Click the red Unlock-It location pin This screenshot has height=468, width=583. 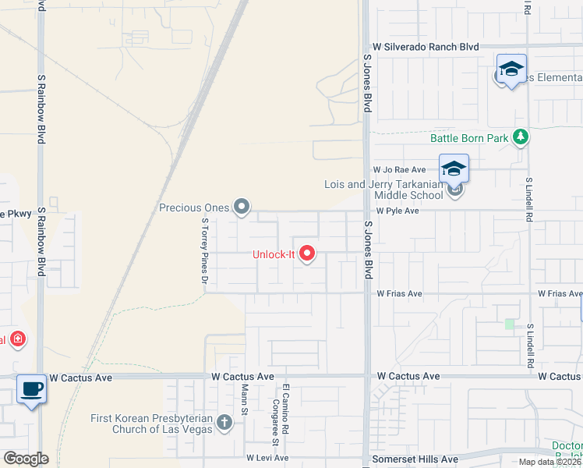[307, 253]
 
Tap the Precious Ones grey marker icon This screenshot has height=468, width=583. [242, 207]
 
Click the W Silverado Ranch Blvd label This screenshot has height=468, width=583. [425, 47]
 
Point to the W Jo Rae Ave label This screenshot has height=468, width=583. [399, 169]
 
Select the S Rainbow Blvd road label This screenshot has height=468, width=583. [41, 109]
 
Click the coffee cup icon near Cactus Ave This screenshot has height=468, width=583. [31, 388]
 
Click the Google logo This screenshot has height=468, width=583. [25, 459]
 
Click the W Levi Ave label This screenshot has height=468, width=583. [267, 458]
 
